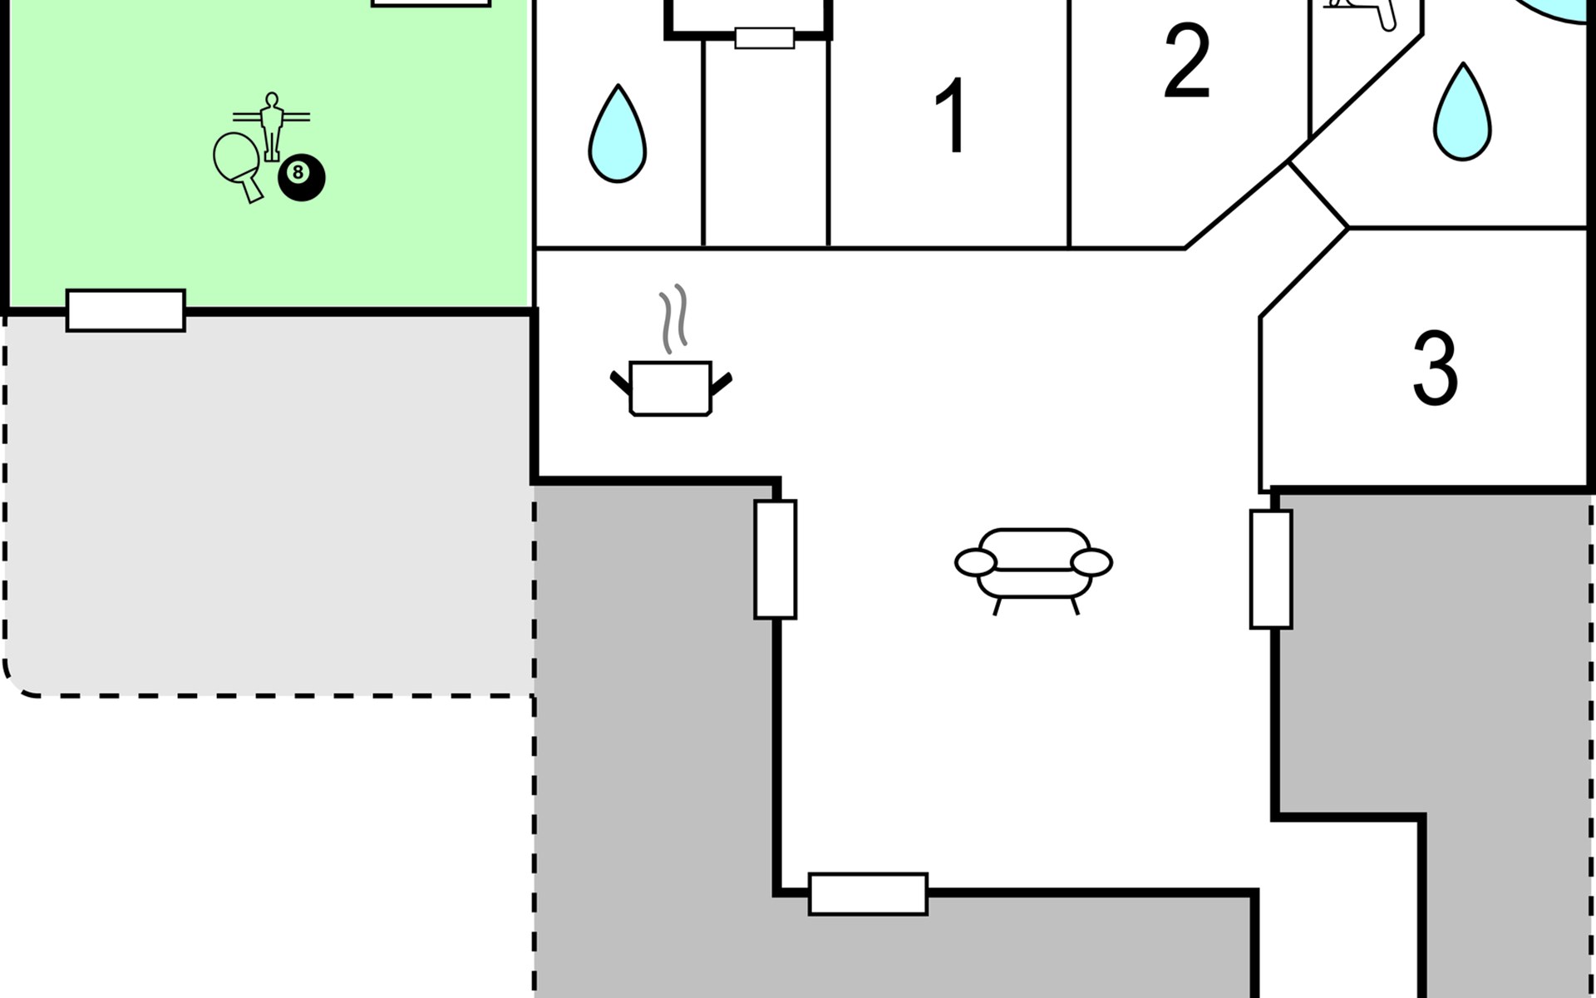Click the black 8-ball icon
click(301, 177)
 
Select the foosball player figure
click(271, 125)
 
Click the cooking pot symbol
click(671, 388)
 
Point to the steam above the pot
click(674, 318)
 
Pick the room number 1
click(950, 116)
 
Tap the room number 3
click(1435, 368)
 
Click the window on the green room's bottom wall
click(126, 310)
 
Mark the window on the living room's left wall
click(776, 559)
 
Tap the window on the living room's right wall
click(1271, 570)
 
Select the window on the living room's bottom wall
click(868, 894)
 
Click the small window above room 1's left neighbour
click(765, 38)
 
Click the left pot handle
click(621, 383)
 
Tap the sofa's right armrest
click(1091, 562)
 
